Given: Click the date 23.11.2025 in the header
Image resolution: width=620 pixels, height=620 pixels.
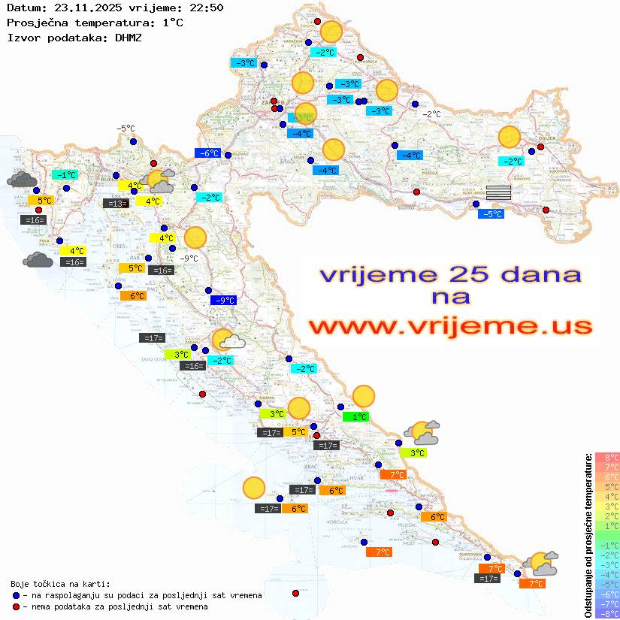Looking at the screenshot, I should [x=83, y=8].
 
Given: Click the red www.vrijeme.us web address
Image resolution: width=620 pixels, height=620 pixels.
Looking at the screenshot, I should [x=450, y=325].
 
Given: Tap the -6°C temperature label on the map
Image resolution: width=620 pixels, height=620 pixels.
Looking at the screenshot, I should [x=208, y=153].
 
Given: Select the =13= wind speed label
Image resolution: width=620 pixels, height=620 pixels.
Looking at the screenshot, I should [x=116, y=204].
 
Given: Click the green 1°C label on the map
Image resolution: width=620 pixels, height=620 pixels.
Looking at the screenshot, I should [x=355, y=416].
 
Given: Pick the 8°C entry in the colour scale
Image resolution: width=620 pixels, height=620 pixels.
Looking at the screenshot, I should [x=607, y=458].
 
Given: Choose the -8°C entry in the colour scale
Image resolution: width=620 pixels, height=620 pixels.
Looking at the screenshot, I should [x=607, y=613].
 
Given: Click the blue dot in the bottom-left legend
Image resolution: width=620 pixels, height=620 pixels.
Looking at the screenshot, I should [x=17, y=595].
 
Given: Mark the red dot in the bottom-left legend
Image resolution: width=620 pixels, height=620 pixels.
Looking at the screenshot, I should [x=17, y=606].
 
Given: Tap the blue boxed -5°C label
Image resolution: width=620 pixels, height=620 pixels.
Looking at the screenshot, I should [x=491, y=214].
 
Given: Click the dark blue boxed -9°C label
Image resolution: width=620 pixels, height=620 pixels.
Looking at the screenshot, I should [x=223, y=301].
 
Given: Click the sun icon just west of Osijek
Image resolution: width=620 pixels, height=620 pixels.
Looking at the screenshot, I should [x=510, y=138].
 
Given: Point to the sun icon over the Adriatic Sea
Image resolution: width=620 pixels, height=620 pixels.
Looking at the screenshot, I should [x=254, y=488].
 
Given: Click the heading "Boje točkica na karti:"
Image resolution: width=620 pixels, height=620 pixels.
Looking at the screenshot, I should [x=60, y=583].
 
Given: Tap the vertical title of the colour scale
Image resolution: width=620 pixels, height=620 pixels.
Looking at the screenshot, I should [x=588, y=536].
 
